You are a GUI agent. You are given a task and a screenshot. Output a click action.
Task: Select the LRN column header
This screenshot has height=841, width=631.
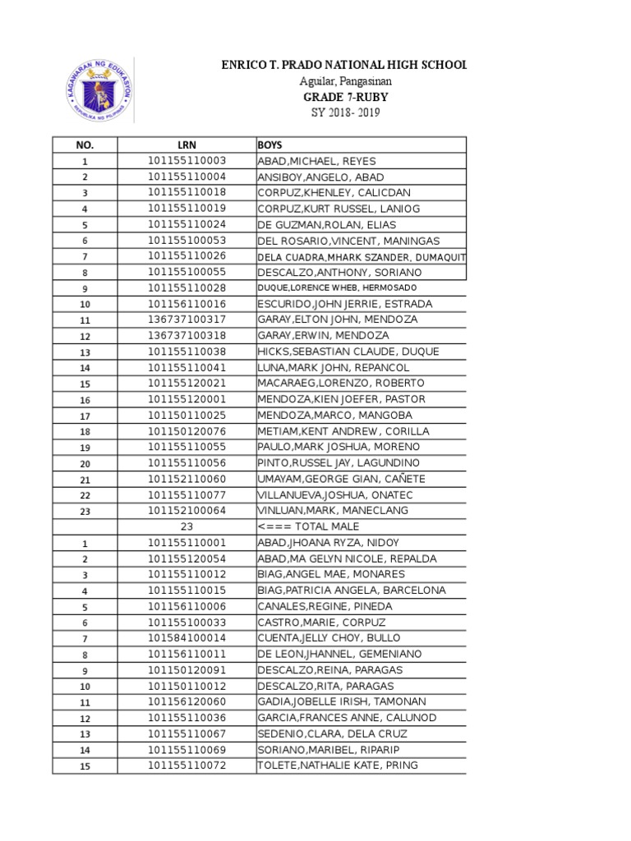coord(187,145)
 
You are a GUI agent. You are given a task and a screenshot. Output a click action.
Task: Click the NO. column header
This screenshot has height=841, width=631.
coord(85,145)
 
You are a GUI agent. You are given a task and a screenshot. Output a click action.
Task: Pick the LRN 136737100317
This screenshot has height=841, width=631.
coord(187,319)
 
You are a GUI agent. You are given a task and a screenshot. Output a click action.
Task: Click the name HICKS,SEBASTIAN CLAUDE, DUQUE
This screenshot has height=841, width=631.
coord(348,352)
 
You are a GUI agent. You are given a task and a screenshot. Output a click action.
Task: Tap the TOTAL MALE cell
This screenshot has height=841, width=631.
coord(308,526)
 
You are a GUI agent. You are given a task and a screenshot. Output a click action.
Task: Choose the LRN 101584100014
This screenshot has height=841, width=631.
coord(187,638)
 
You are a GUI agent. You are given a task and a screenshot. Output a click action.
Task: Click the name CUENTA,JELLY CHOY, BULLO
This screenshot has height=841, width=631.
coord(329,638)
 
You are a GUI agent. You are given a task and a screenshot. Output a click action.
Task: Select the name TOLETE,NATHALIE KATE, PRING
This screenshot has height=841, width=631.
coord(338,765)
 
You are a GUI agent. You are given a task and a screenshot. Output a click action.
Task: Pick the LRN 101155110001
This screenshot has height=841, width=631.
coord(187,543)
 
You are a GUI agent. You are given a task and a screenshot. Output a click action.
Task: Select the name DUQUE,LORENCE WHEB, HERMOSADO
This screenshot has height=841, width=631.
coord(337,288)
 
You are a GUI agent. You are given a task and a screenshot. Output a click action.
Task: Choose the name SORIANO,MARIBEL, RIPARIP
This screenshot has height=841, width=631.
coord(325,750)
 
